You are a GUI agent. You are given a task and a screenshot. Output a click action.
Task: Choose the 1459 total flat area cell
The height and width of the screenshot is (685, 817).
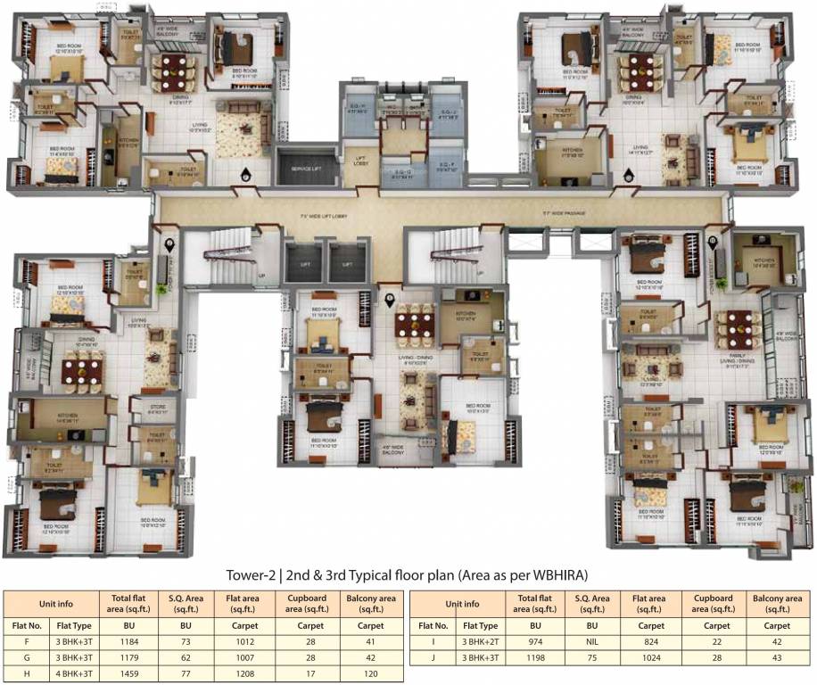122,674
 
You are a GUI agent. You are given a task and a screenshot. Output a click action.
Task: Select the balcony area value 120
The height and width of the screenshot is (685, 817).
367,674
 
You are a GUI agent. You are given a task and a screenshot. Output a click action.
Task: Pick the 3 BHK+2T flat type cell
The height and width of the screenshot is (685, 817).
482,641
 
